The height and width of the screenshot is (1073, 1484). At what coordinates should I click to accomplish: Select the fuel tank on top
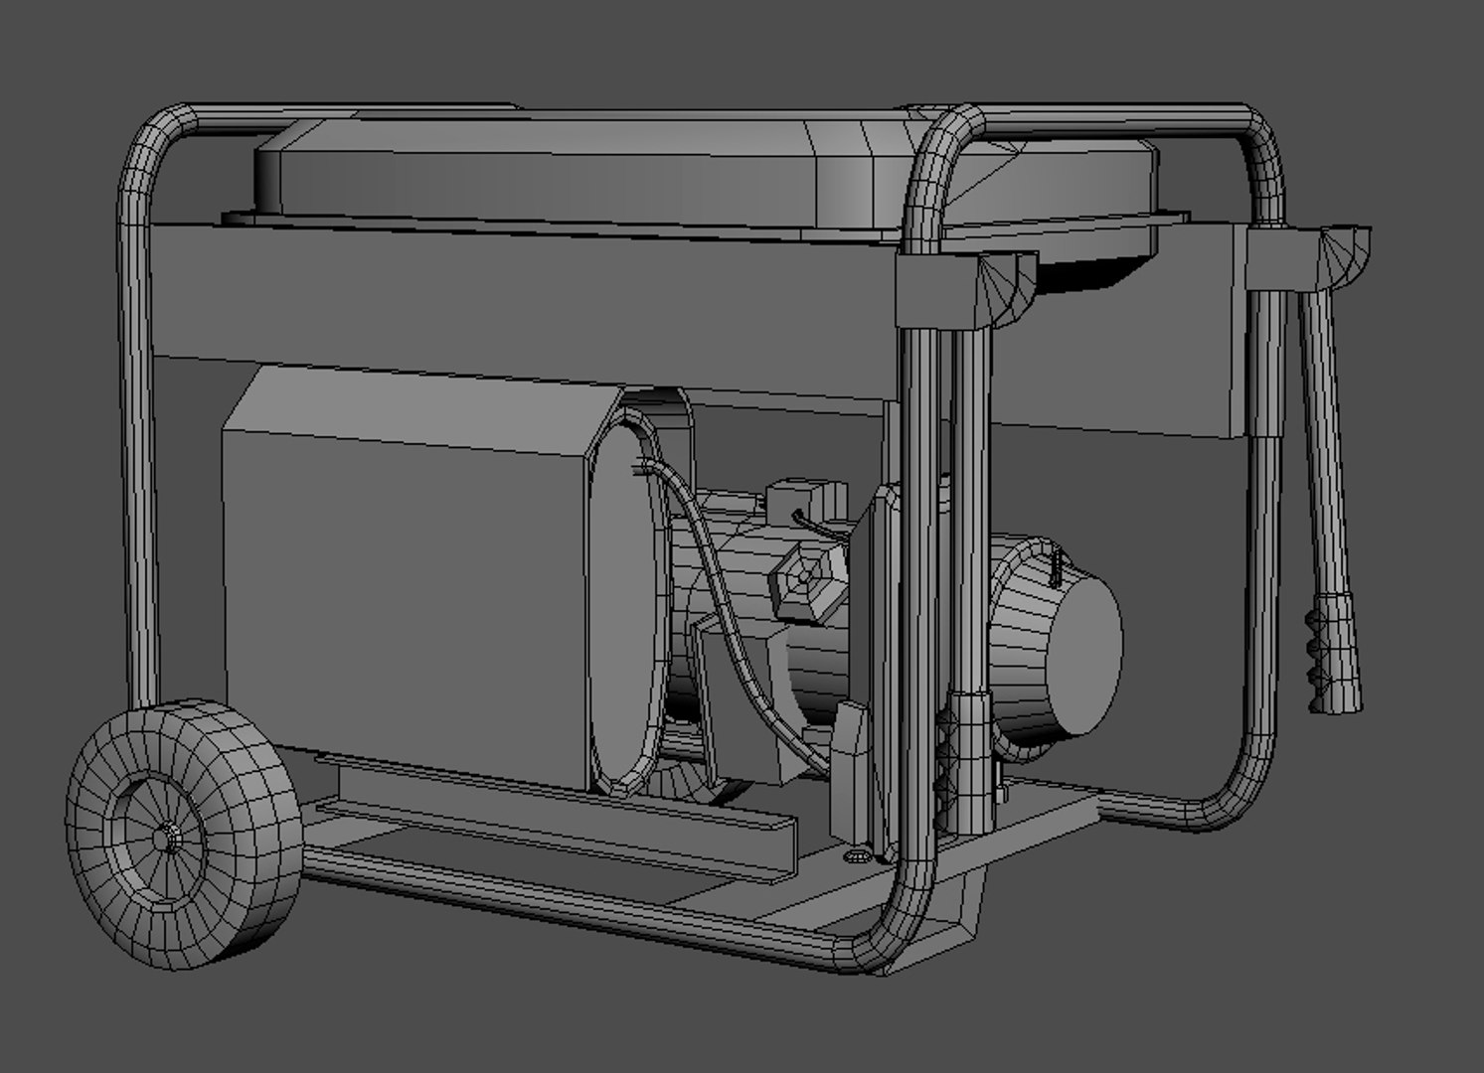click(557, 169)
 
